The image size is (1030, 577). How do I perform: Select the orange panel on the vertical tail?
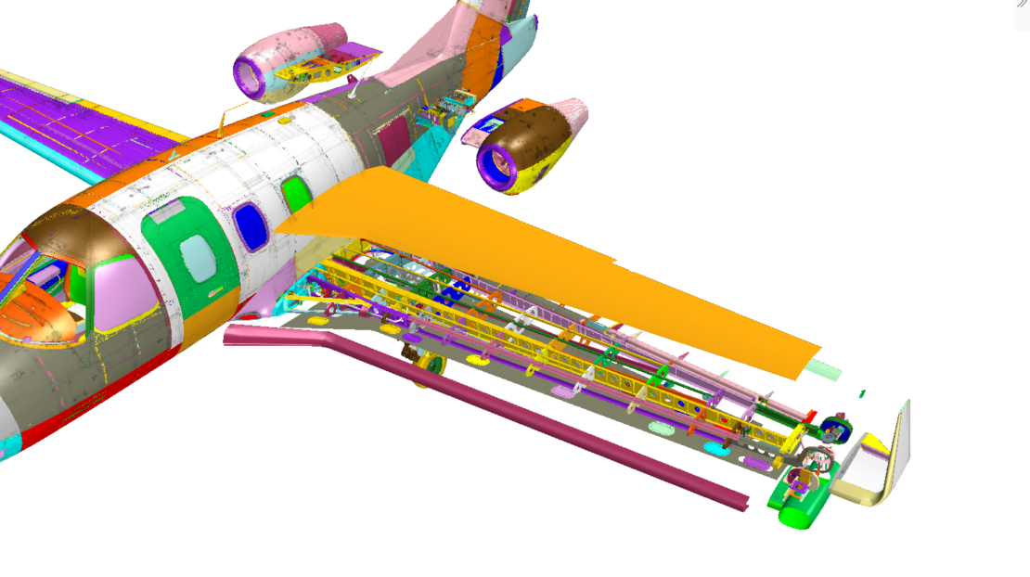click(x=481, y=56)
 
